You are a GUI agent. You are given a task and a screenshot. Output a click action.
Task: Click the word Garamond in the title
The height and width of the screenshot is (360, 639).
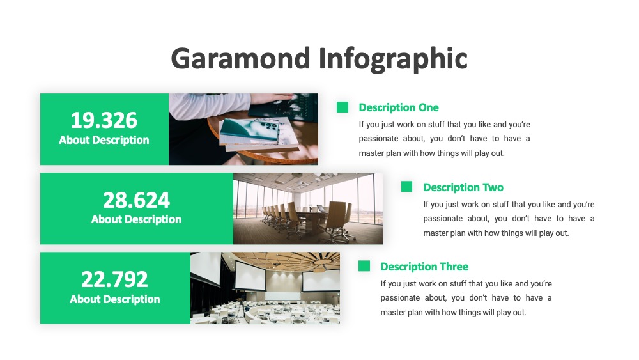241,58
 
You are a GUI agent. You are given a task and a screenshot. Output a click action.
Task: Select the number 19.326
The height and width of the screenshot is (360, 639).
104,120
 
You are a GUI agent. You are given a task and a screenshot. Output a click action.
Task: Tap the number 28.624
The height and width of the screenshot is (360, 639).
136,200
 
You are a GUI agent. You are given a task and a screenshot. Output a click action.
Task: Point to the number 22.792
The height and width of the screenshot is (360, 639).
114,279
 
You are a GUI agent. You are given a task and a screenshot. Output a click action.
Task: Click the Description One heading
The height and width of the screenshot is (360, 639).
399,107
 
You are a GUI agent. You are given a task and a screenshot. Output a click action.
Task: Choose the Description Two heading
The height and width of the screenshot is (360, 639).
463,187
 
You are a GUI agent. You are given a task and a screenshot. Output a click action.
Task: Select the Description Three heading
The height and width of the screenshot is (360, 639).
424,267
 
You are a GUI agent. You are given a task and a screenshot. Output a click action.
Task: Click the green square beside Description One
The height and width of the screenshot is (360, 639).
343,107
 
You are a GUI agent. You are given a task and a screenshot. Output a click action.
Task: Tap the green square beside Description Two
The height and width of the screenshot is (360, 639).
406,187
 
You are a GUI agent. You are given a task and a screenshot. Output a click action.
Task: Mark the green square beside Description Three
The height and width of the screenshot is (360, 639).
364,266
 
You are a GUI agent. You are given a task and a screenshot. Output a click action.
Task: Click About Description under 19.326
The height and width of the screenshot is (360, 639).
104,140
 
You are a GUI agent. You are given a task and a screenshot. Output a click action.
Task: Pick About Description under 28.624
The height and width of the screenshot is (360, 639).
136,220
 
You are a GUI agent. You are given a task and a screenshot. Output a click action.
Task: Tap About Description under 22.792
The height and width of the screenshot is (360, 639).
114,300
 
